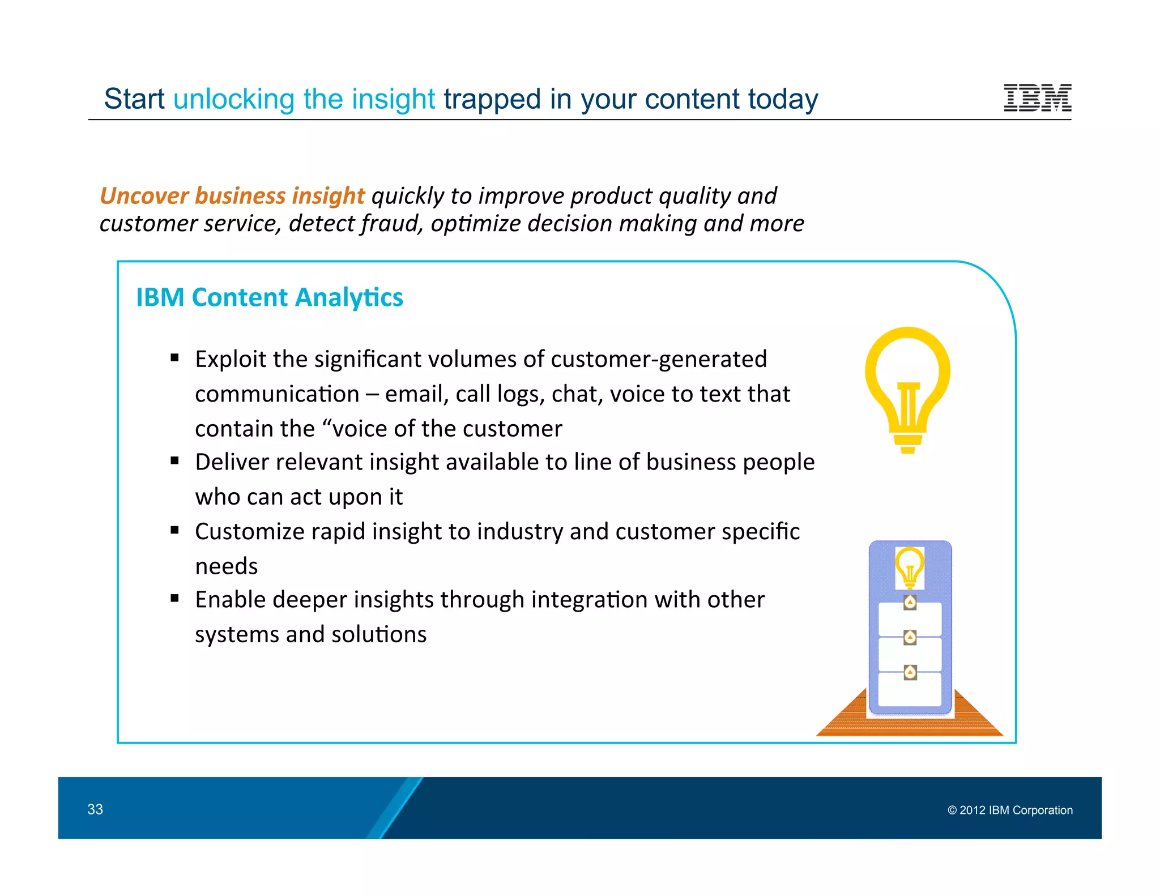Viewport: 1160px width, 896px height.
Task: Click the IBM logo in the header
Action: [1037, 97]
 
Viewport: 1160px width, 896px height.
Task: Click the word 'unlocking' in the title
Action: [233, 99]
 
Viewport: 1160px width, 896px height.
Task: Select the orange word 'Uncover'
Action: [144, 196]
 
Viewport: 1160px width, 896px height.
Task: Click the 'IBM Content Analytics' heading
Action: [270, 297]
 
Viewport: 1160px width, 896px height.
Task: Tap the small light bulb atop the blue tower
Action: [910, 567]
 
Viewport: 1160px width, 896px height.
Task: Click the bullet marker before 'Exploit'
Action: [174, 358]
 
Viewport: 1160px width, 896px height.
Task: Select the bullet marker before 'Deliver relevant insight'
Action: [174, 461]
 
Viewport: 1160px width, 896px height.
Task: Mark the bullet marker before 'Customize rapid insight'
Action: [174, 530]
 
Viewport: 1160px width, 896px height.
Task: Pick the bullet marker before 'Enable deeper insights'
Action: [174, 599]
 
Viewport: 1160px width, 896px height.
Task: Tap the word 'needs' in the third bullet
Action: [227, 566]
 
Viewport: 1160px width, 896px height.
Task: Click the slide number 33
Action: [95, 809]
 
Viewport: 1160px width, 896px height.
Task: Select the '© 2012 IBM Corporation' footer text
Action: [1010, 810]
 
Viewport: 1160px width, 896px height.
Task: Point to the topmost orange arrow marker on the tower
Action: [910, 602]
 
